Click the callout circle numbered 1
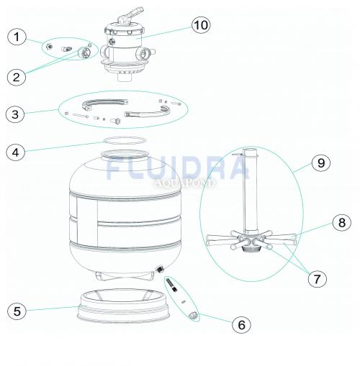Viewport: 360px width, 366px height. [x=17, y=37]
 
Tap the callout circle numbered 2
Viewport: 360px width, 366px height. [x=16, y=77]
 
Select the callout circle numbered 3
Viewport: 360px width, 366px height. [x=15, y=114]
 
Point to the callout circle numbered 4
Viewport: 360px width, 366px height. [x=16, y=152]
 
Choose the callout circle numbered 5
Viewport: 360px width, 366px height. [x=17, y=311]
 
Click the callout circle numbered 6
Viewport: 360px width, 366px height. [x=241, y=325]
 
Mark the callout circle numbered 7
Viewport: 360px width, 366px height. [x=318, y=279]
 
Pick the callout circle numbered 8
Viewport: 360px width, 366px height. [x=342, y=222]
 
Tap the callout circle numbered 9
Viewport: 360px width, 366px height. [x=321, y=163]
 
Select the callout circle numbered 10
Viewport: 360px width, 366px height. [x=201, y=25]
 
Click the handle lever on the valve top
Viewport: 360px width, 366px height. [x=131, y=15]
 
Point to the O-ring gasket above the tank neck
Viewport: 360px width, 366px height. [x=125, y=140]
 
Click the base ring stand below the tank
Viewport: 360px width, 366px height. [x=124, y=306]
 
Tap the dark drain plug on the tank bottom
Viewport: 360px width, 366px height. [x=160, y=269]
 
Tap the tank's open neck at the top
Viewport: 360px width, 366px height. [x=124, y=155]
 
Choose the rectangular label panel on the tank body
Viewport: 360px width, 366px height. [x=87, y=221]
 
